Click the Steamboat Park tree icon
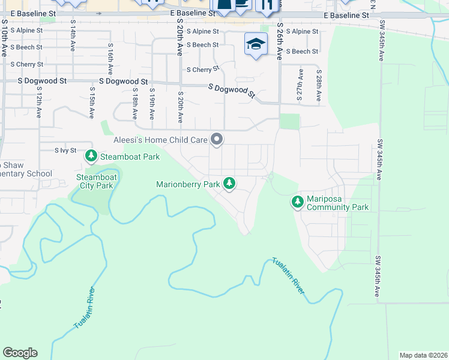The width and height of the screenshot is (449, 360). (91, 157)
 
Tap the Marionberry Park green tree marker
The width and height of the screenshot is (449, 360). (229, 184)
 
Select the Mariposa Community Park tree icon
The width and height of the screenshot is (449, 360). (297, 202)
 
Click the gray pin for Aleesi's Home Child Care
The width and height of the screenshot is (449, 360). (217, 140)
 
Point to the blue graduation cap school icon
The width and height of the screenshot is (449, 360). (256, 44)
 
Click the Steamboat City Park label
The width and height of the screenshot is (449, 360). (95, 181)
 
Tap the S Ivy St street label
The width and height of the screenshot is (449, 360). (65, 151)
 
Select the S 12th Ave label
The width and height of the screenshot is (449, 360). (39, 104)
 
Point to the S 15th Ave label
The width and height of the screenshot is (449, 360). (92, 104)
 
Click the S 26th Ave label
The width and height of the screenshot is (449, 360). (280, 43)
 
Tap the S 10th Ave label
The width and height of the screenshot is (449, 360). (4, 38)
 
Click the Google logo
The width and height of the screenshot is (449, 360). (20, 353)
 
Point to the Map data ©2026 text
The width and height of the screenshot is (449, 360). (423, 355)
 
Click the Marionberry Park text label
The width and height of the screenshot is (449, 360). (188, 185)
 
